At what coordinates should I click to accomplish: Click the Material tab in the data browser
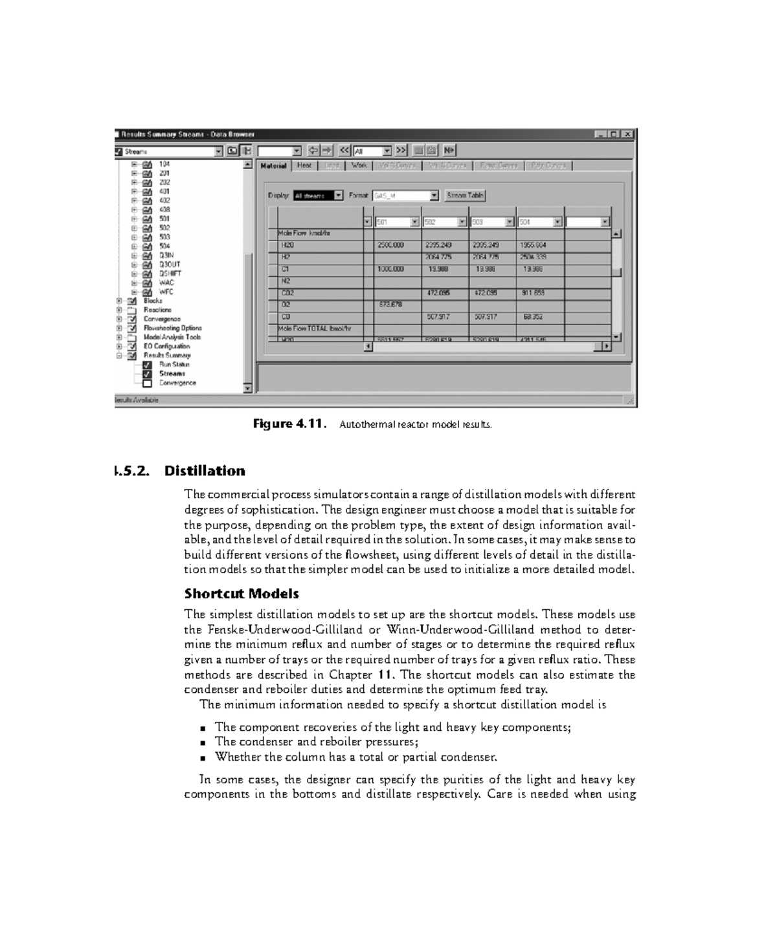(x=273, y=166)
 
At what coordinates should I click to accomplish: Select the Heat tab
(x=304, y=166)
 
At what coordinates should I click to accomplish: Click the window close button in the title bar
(x=627, y=134)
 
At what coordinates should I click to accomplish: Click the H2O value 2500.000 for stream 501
(x=391, y=245)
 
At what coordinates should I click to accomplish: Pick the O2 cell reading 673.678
(x=391, y=305)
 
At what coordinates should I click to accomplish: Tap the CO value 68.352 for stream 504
(x=534, y=317)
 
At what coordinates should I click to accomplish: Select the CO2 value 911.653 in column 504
(x=534, y=293)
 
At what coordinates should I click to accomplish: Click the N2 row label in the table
(x=286, y=281)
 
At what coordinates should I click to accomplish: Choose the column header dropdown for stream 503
(x=510, y=222)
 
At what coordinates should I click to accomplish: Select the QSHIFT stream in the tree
(x=170, y=274)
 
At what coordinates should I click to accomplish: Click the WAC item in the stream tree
(x=166, y=283)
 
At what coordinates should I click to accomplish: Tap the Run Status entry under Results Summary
(x=174, y=365)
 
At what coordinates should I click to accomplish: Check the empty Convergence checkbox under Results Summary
(x=147, y=383)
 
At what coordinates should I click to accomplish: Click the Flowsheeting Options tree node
(x=172, y=328)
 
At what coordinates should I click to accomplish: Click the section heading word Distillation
(x=205, y=471)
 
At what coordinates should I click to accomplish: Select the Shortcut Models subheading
(x=242, y=594)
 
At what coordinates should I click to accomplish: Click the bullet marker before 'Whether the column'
(x=203, y=757)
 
